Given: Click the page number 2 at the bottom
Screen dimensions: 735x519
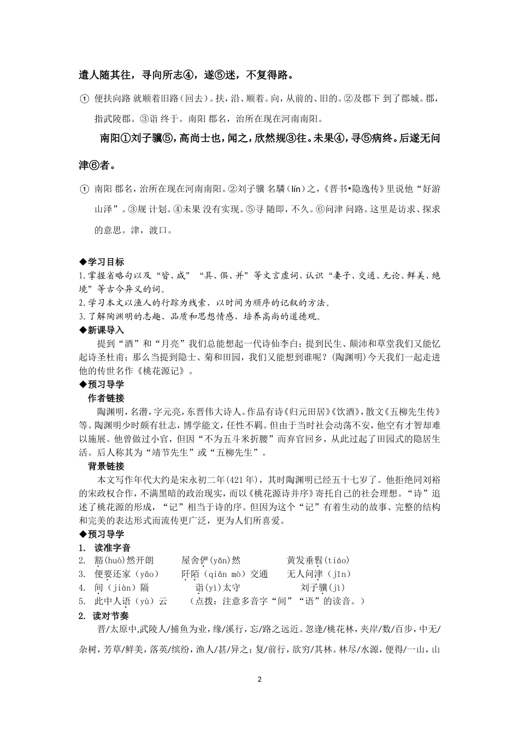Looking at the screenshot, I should (x=259, y=680).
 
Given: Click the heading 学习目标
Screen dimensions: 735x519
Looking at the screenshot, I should (x=105, y=262).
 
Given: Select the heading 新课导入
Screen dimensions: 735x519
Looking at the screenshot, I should (x=105, y=330).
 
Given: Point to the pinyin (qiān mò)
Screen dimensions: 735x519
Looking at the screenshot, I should (x=225, y=574).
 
